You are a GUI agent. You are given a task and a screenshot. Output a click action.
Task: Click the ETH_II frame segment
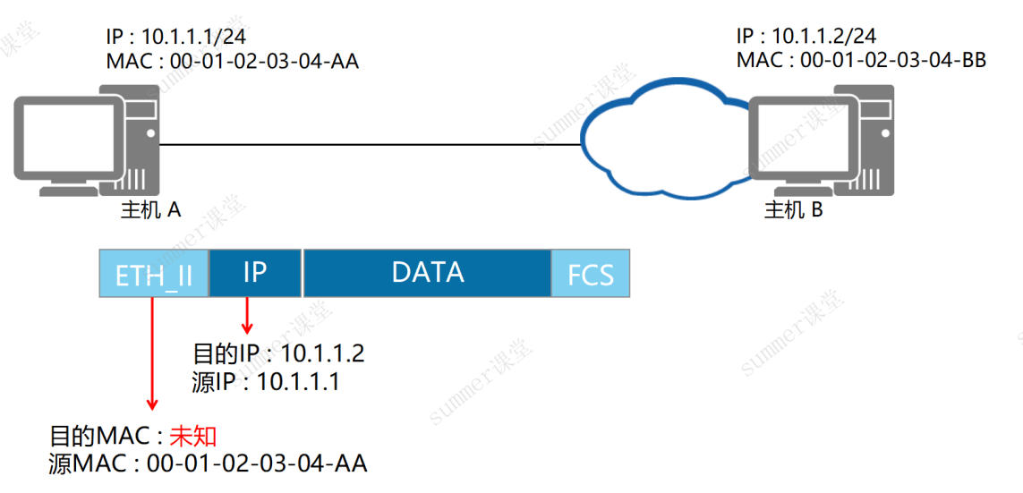coord(154,274)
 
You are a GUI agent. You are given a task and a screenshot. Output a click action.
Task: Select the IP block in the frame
coord(255,274)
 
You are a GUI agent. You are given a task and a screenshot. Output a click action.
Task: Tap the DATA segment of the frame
coord(427,274)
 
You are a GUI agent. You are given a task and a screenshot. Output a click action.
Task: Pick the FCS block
coord(591,274)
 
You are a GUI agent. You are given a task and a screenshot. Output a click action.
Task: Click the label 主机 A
coord(151,210)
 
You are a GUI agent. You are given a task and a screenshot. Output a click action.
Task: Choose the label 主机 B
coord(794,210)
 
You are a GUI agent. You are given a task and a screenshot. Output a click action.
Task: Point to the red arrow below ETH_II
coord(152,354)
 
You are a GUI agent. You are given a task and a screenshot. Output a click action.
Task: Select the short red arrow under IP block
coord(247,315)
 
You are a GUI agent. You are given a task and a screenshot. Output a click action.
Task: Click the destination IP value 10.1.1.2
coord(321,354)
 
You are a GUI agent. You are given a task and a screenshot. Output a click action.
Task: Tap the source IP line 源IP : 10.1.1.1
coord(266,382)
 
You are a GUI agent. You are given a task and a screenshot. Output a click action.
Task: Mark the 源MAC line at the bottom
coord(208,463)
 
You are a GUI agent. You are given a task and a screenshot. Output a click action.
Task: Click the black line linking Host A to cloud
coord(370,145)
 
